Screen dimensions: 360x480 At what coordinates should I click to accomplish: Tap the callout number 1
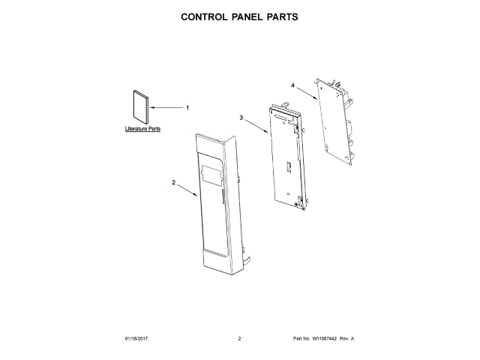click(x=187, y=108)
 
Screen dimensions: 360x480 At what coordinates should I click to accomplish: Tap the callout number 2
click(x=173, y=182)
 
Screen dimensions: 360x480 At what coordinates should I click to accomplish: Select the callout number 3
click(x=241, y=118)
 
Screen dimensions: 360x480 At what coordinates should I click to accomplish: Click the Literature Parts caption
click(x=142, y=130)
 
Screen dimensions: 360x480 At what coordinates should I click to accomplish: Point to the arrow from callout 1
click(x=166, y=108)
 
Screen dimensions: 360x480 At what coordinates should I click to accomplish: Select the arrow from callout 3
click(x=256, y=126)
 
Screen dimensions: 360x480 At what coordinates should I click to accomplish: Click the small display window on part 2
click(x=212, y=176)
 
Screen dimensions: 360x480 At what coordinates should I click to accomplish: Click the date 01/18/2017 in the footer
click(x=136, y=340)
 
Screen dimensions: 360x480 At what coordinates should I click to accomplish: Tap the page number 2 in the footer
click(x=239, y=340)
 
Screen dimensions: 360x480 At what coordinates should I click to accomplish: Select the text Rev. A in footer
click(x=346, y=340)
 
